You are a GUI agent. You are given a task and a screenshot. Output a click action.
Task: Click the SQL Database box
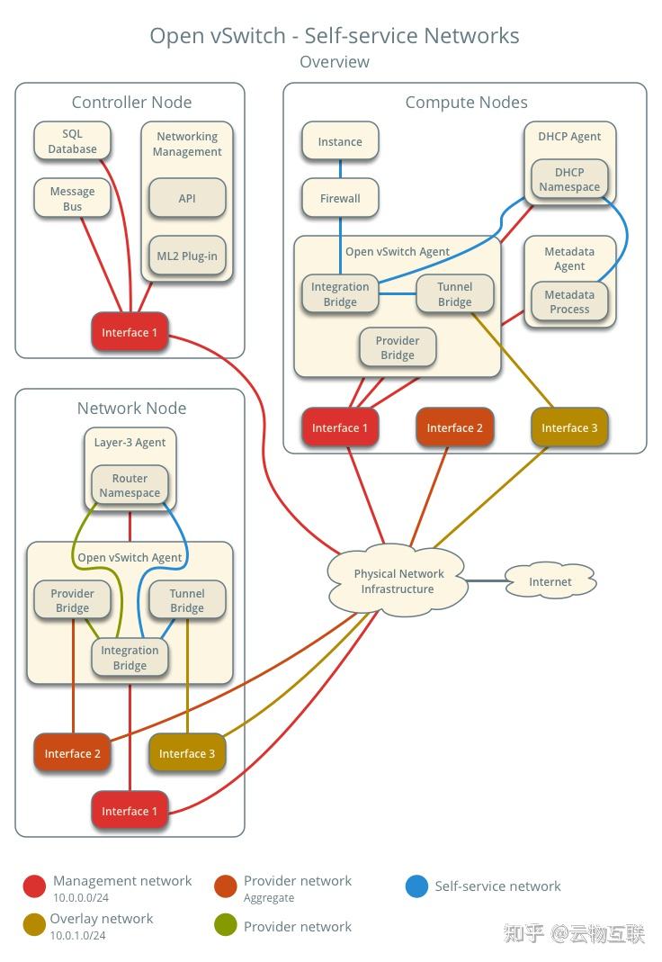[x=72, y=142]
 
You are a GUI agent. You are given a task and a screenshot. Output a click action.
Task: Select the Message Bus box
[x=72, y=199]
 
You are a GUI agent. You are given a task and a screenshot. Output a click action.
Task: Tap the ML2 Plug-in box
[x=187, y=256]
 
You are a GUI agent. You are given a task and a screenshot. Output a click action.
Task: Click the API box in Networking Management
[x=187, y=198]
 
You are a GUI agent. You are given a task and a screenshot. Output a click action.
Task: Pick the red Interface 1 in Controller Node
[x=130, y=333]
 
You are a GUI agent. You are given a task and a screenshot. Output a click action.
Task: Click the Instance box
[x=340, y=142]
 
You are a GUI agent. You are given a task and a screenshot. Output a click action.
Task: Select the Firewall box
[x=340, y=199]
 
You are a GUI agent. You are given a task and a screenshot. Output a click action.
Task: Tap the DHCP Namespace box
[x=569, y=180]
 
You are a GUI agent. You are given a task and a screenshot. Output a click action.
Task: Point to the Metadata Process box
[x=569, y=302]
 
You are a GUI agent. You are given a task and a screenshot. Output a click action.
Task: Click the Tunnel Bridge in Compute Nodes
[x=454, y=294]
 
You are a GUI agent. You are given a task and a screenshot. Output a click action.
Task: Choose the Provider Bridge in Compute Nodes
[x=398, y=348]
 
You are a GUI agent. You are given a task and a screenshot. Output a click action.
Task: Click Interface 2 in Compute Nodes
[x=454, y=428]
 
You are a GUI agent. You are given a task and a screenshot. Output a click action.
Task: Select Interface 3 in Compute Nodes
[x=569, y=428]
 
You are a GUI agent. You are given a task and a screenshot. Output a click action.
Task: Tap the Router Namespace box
[x=130, y=486]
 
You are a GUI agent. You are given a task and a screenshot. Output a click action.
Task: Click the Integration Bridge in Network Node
[x=130, y=658]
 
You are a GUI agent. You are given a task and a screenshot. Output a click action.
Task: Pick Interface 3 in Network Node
[x=187, y=754]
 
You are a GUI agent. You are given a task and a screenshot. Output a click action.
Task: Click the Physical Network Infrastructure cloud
[x=398, y=581]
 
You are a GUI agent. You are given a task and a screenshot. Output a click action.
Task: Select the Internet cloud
[x=550, y=582]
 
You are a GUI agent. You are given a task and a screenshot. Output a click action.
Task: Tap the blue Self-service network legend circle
[x=416, y=887]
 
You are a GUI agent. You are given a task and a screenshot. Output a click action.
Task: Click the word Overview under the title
[x=335, y=62]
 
